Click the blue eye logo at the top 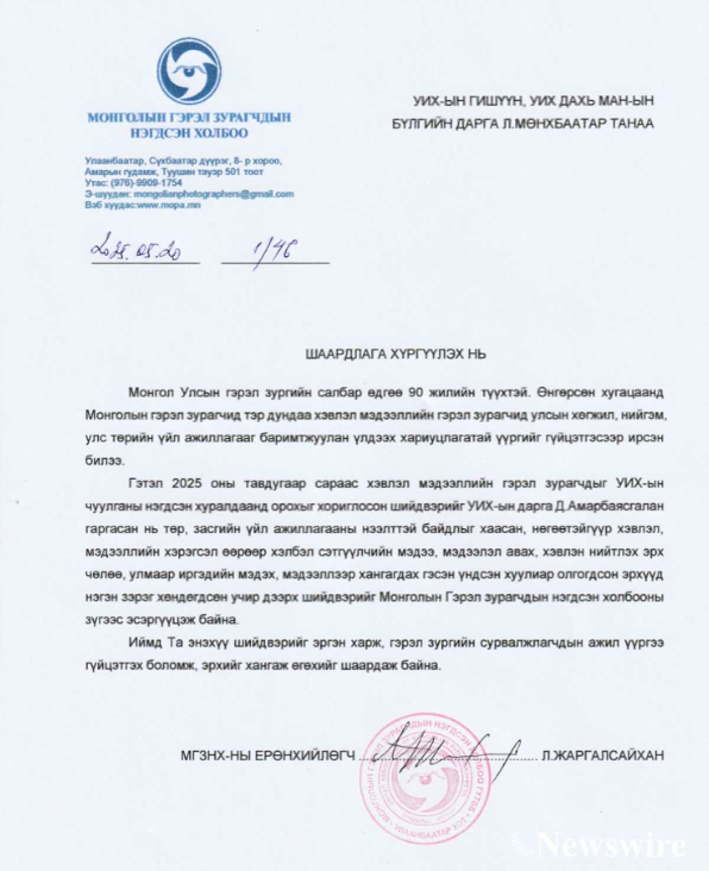[189, 71]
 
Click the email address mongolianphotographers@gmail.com [214, 194]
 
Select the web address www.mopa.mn [169, 205]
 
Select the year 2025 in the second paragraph [187, 483]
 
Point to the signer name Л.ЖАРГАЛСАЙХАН [603, 755]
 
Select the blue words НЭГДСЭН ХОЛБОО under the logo [189, 133]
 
